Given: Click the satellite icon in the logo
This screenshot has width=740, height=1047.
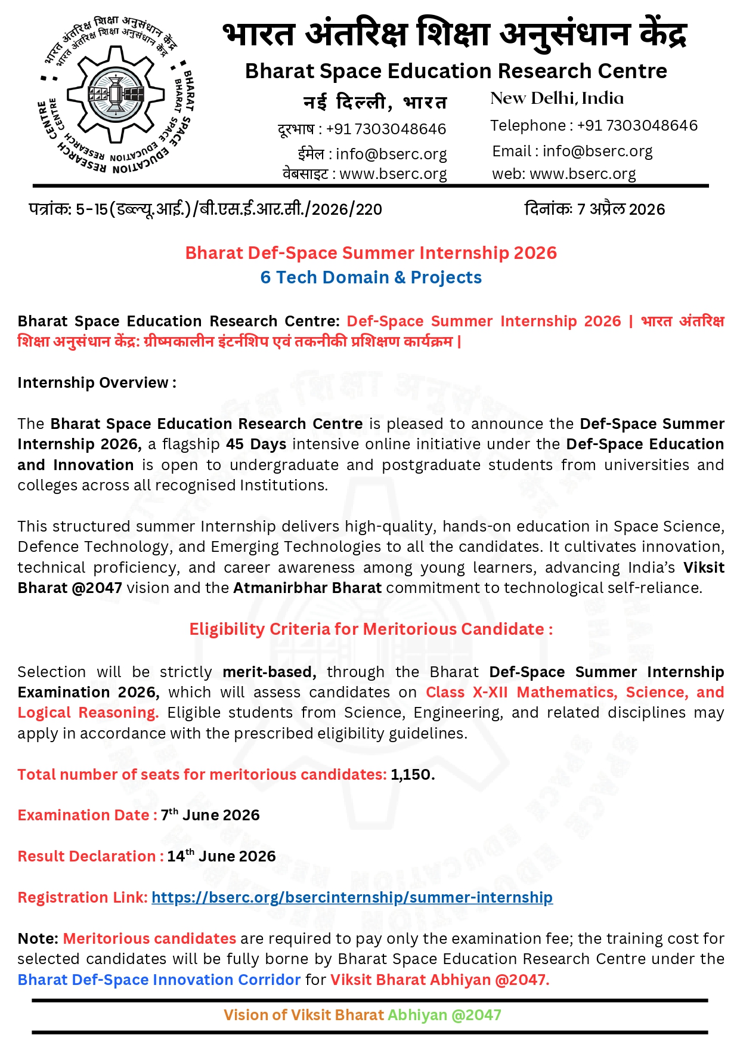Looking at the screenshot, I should pyautogui.click(x=116, y=94).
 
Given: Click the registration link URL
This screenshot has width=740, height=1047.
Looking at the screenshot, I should pyautogui.click(x=352, y=897).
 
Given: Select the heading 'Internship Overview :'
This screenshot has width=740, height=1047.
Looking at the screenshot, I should pyautogui.click(x=97, y=382).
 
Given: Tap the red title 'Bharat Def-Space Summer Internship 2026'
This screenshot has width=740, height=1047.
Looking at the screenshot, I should pyautogui.click(x=371, y=253).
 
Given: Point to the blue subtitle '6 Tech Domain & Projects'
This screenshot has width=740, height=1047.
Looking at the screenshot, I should pyautogui.click(x=371, y=277).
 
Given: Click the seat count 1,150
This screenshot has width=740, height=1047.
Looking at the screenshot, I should pyautogui.click(x=413, y=774).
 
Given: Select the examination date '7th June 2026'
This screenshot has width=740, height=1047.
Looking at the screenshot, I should pyautogui.click(x=210, y=815).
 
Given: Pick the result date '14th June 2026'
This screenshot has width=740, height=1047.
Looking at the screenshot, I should pyautogui.click(x=221, y=856).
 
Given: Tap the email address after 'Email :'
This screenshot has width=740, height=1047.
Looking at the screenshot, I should pyautogui.click(x=597, y=152).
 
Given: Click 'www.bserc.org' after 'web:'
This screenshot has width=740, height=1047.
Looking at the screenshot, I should pyautogui.click(x=583, y=174).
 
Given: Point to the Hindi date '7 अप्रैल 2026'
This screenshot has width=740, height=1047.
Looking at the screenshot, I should pyautogui.click(x=621, y=209).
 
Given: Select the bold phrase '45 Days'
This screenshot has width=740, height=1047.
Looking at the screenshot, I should pyautogui.click(x=256, y=444).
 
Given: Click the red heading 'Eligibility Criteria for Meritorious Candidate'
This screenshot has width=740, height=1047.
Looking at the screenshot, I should pyautogui.click(x=371, y=629).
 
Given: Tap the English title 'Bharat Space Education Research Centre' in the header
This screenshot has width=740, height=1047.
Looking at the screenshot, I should pyautogui.click(x=456, y=72).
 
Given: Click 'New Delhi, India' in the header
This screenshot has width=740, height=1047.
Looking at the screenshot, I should pyautogui.click(x=557, y=98).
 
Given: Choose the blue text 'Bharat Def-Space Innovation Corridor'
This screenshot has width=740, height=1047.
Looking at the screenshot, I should pyautogui.click(x=159, y=980).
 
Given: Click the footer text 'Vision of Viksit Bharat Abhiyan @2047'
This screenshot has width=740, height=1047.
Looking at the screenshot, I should pyautogui.click(x=362, y=1015).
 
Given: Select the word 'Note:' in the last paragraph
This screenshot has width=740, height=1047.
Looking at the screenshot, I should pyautogui.click(x=38, y=938).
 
